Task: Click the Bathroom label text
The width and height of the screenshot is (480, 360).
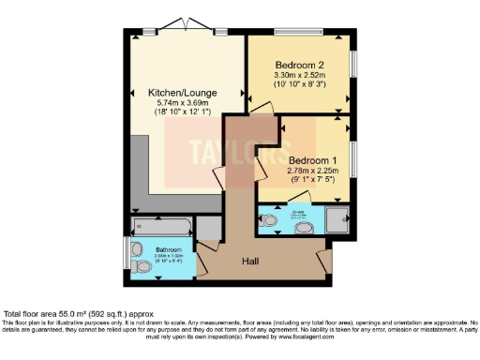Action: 156,249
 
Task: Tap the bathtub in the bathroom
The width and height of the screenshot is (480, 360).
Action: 162,227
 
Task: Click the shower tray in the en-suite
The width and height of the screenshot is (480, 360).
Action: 335,219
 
